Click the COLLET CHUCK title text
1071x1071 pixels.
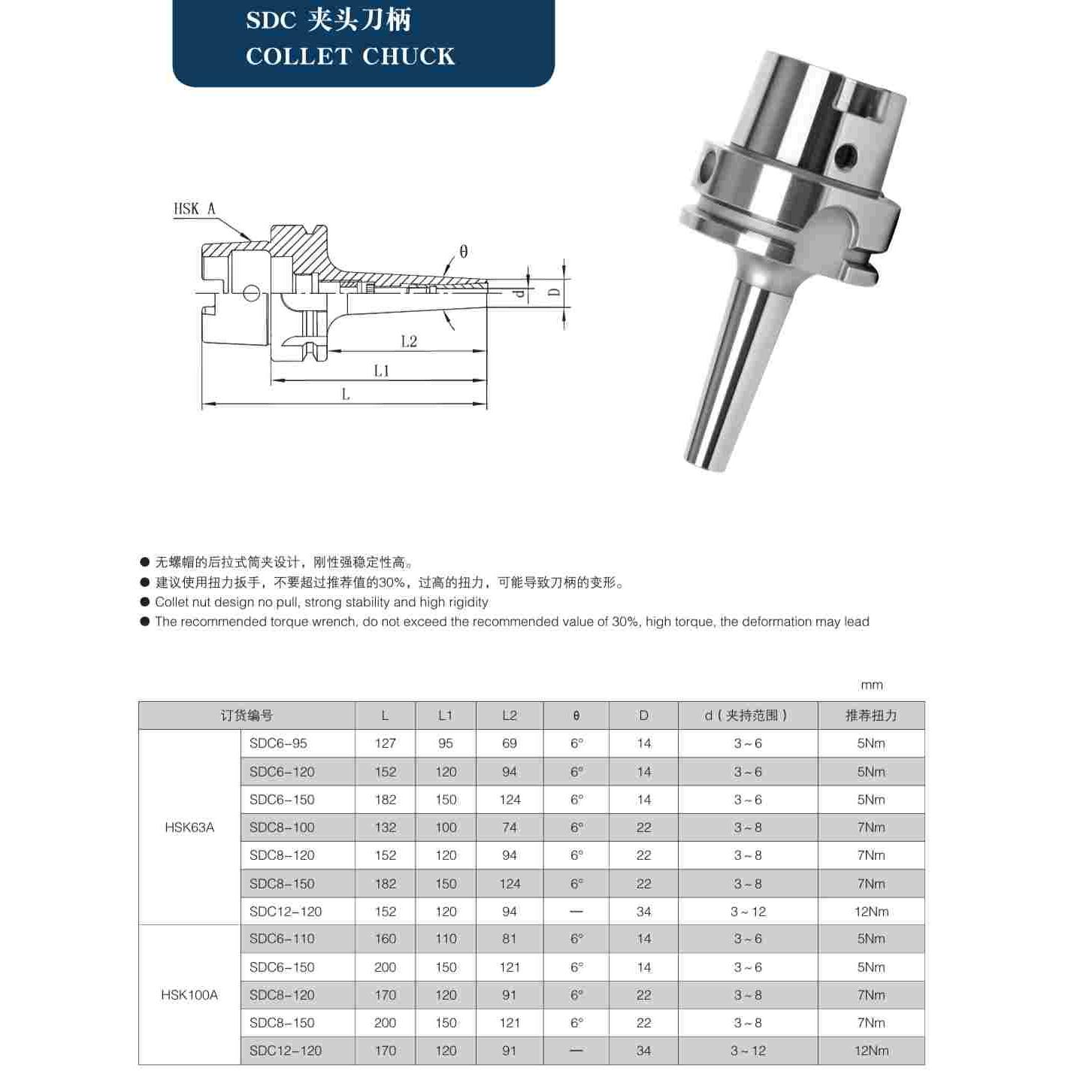pos(350,56)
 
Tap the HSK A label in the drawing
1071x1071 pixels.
pos(194,209)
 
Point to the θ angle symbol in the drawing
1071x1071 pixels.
pos(463,252)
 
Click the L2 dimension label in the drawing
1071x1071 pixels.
pos(409,342)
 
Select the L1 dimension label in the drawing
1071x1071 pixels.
pos(382,371)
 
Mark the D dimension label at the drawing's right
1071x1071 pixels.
pos(554,291)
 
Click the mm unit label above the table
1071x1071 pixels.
pos(872,685)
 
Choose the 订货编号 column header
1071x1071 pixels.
pos(247,716)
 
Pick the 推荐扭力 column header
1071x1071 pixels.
pos(871,716)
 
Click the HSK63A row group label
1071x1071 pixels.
pos(189,827)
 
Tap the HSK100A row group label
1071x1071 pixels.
pos(189,995)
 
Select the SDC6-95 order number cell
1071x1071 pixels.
pos(278,743)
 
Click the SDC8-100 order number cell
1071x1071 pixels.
pos(282,827)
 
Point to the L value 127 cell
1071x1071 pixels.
pos(385,743)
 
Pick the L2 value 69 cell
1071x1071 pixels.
pos(510,743)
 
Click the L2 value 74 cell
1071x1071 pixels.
pos(510,827)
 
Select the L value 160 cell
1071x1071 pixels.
pos(385,939)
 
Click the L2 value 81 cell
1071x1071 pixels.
pos(510,939)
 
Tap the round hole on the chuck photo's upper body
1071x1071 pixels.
pos(847,156)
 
